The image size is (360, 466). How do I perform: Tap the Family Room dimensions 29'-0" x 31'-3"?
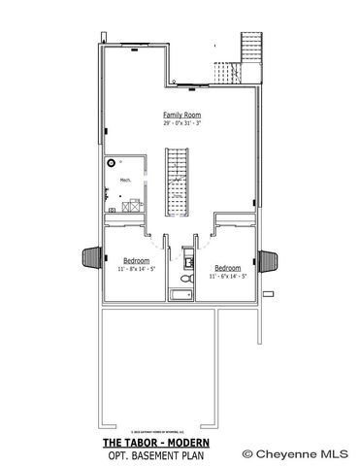(180, 122)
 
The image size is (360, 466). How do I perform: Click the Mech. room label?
(125, 181)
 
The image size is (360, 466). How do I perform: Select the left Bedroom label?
(135, 260)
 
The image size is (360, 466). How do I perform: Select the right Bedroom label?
(227, 267)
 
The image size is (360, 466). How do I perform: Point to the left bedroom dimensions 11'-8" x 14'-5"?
(135, 268)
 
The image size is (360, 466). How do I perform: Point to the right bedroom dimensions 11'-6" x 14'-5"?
(227, 276)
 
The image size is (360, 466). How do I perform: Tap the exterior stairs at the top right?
(250, 49)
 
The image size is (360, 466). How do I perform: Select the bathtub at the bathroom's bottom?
(181, 295)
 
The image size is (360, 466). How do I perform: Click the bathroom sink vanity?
(187, 259)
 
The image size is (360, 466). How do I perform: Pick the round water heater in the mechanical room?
(111, 163)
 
